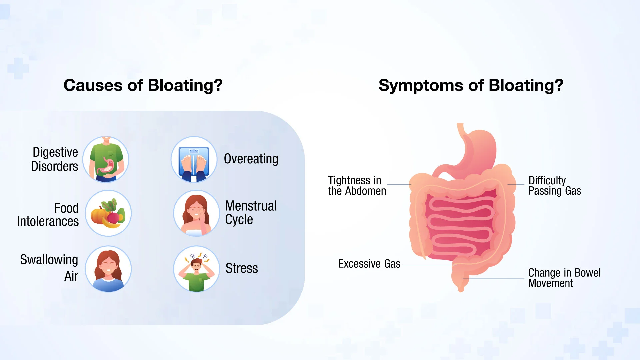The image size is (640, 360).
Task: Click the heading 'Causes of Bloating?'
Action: (143, 85)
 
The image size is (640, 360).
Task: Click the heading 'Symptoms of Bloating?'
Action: (471, 85)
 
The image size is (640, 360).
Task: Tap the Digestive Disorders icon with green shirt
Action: (106, 159)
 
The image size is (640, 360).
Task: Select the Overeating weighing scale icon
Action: (194, 159)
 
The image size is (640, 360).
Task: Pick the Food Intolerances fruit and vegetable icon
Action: (108, 213)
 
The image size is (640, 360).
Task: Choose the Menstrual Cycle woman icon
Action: (196, 213)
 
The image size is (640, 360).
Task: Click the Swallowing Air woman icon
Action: (108, 269)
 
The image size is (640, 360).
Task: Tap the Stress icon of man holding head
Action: (196, 269)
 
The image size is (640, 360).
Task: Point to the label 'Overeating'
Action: (251, 159)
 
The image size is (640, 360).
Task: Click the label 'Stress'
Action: (242, 268)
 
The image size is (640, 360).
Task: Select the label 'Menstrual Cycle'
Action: (251, 213)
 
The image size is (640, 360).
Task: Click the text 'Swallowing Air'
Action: (49, 268)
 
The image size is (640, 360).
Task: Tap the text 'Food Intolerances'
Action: (48, 215)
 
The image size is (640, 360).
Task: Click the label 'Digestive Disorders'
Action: (55, 159)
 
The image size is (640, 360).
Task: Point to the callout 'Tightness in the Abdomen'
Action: (357, 186)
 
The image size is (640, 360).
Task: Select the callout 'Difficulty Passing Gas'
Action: (554, 186)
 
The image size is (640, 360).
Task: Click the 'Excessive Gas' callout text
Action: (369, 264)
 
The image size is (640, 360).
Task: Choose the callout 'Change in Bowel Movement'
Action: (564, 278)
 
